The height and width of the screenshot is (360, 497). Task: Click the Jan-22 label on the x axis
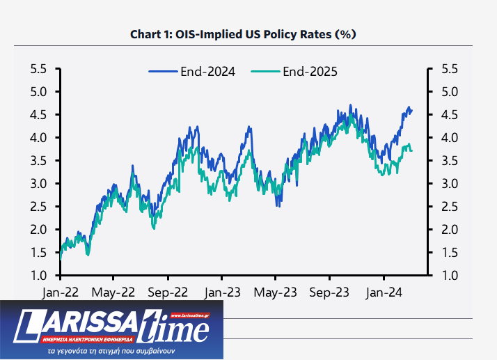pyautogui.click(x=60, y=292)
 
